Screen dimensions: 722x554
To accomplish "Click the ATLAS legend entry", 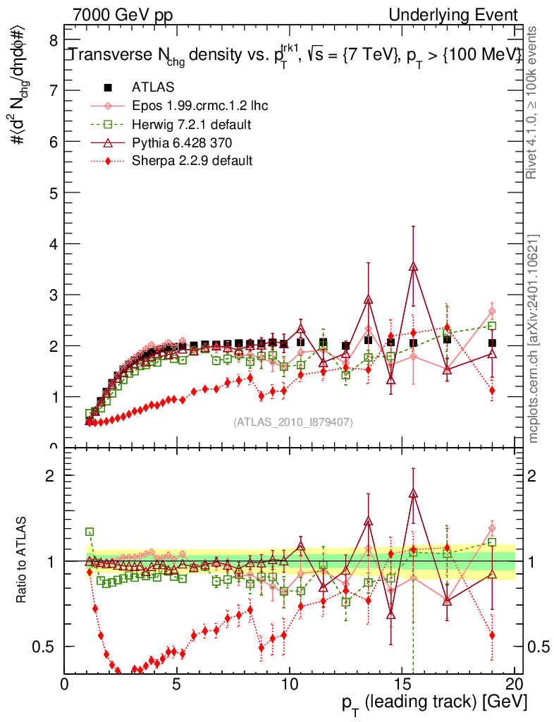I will coord(153,87).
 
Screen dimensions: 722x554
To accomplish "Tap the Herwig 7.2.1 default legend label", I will coord(192,124).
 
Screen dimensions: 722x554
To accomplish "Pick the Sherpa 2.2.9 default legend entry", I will coord(192,161).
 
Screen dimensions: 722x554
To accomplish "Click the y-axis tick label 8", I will coord(52,41).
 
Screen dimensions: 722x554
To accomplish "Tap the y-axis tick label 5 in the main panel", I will coord(52,192).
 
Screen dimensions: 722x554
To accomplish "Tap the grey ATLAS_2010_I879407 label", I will coord(293,422).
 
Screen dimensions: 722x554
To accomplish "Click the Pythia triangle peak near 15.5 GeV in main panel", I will coord(414,266).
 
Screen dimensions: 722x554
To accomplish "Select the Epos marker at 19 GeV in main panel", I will coord(492,312).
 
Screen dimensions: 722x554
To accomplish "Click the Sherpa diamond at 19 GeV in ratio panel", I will coord(492,635).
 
